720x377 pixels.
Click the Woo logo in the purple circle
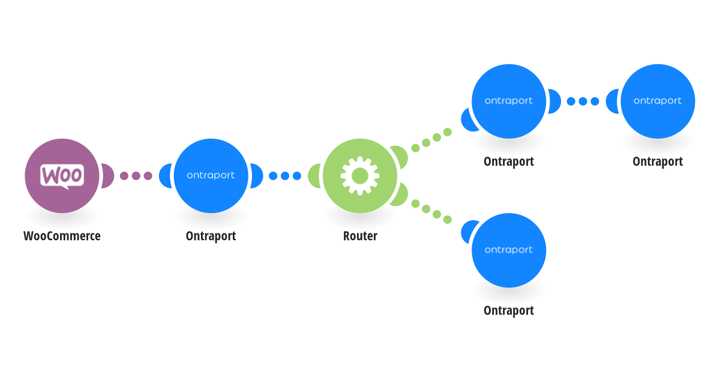(62, 176)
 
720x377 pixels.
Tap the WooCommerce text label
(62, 236)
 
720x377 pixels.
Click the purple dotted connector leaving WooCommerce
(136, 176)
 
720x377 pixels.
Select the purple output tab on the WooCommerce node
(107, 176)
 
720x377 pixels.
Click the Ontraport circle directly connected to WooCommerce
(211, 176)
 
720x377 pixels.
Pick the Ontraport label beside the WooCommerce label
(211, 236)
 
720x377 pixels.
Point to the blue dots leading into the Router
(285, 176)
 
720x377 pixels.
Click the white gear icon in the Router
(360, 176)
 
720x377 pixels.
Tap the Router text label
(360, 236)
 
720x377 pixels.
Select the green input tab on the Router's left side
(314, 176)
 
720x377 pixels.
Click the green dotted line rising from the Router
(431, 140)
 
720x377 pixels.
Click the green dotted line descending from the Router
(431, 211)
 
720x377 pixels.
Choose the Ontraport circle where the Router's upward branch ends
(509, 101)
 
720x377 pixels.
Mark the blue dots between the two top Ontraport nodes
(583, 101)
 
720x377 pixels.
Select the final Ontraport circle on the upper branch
(658, 101)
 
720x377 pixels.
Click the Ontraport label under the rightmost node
(658, 161)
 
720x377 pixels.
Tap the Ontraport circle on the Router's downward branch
(509, 250)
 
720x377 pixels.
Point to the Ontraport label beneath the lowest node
(509, 311)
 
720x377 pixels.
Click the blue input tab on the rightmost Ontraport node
(612, 101)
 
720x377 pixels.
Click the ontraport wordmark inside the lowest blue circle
(509, 250)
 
